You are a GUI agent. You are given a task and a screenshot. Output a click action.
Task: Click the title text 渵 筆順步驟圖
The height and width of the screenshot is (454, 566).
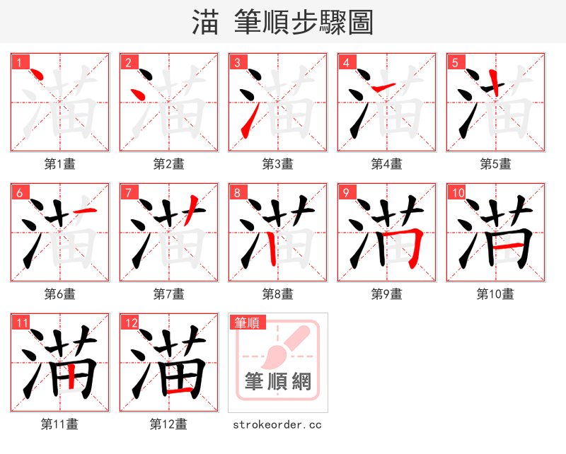[282, 22]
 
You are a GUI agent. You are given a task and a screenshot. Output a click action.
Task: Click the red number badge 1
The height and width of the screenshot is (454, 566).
[18, 62]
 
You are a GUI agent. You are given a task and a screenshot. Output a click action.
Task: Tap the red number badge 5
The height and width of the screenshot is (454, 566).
[454, 62]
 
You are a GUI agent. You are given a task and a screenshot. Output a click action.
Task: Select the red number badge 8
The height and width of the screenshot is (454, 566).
[236, 192]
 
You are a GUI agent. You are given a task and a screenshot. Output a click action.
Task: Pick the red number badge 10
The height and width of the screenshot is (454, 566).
[456, 192]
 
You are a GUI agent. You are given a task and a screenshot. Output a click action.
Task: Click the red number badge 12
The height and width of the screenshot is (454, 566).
[129, 322]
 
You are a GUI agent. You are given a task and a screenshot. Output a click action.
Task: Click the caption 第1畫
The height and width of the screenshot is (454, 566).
[59, 164]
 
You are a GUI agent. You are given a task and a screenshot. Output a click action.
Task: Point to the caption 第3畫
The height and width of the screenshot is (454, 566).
[277, 164]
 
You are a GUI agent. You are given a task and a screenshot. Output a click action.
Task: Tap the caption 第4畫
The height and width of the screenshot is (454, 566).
[386, 164]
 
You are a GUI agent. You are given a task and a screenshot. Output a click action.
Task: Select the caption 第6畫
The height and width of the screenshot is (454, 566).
[59, 294]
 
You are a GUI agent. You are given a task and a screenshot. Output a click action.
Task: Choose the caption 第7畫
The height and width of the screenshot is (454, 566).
[168, 294]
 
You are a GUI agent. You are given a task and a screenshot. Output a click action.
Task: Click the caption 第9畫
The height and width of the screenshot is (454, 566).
[386, 294]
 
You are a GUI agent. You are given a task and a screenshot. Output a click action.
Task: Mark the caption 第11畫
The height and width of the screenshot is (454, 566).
[59, 424]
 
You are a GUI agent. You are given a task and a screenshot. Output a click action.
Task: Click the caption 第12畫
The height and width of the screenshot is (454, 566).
[168, 424]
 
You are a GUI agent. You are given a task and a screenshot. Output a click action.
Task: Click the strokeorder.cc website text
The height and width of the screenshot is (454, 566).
[277, 424]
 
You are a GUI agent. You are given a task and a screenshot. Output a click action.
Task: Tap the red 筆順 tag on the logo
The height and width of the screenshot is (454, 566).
[246, 322]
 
